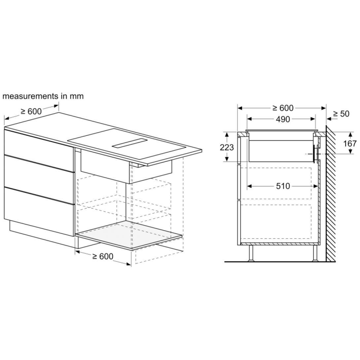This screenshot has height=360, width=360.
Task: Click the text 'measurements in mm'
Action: [x=43, y=96]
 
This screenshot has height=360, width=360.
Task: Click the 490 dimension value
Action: [x=283, y=119]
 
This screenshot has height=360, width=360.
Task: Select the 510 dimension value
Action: [x=283, y=186]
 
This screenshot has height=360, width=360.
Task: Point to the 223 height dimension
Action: [x=227, y=147]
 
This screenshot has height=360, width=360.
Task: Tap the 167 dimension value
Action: [x=350, y=143]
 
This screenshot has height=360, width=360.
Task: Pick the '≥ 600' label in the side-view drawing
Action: [x=283, y=108]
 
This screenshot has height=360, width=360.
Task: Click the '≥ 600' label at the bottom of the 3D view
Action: [x=103, y=256]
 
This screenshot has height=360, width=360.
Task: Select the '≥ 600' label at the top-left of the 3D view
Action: [x=31, y=111]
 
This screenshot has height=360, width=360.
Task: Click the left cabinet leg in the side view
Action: [x=251, y=253]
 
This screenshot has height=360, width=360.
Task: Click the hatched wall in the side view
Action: [x=331, y=193]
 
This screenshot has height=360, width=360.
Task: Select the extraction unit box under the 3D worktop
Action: [x=126, y=166]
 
